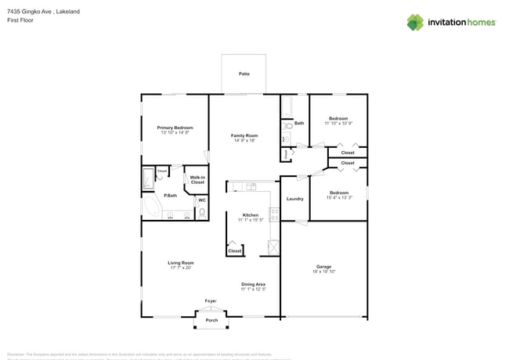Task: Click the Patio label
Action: coord(244,74)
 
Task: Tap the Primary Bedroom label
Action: coord(175,128)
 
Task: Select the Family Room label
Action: coord(244,136)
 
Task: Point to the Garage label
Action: coord(323,268)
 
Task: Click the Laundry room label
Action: coord(294,199)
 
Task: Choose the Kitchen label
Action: coord(250,215)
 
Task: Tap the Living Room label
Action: coord(180,263)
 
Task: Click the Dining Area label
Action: coord(253,284)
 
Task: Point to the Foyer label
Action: coord(211,301)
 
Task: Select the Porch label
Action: coord(211,321)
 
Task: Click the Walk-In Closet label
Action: coord(197,180)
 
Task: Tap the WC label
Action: coord(201,201)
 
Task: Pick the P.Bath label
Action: coord(170,196)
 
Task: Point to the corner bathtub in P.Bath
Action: coord(150,207)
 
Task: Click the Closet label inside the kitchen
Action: coord(234,250)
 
